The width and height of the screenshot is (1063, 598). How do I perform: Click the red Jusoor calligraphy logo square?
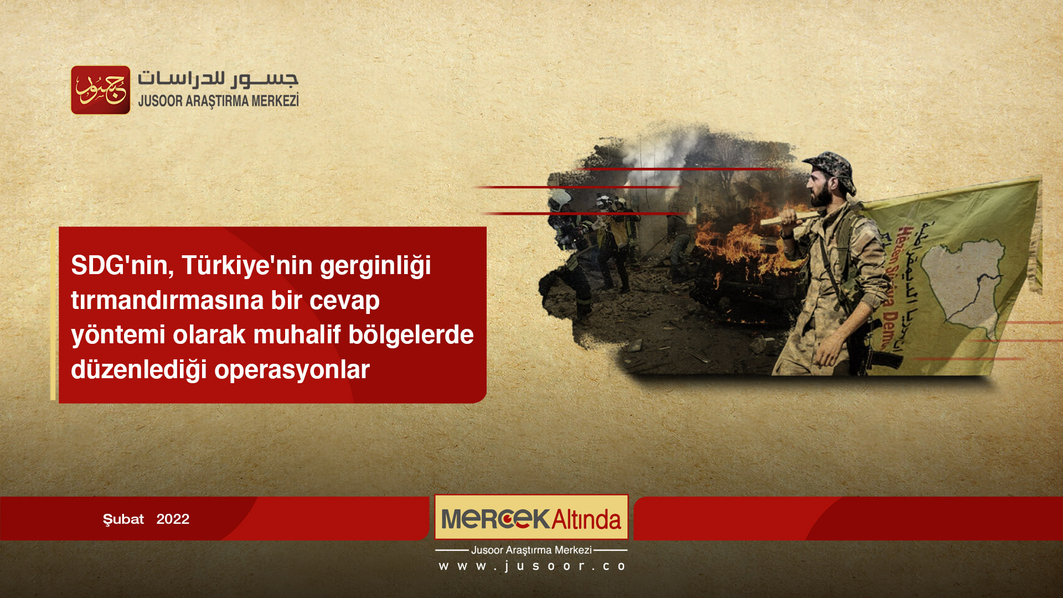(100, 90)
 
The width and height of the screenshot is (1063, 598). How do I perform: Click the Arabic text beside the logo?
(218, 79)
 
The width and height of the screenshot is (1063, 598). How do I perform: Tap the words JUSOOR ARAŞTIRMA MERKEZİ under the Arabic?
(218, 101)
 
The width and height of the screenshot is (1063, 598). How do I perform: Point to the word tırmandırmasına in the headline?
(167, 301)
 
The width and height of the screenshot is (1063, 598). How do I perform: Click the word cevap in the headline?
(344, 301)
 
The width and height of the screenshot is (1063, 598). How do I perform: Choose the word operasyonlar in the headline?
(292, 370)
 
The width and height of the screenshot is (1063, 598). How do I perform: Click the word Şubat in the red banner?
(123, 519)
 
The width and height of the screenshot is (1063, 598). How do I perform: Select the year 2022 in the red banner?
(173, 519)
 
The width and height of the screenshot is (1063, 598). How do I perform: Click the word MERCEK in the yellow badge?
(495, 519)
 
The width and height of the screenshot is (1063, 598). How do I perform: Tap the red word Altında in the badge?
(586, 519)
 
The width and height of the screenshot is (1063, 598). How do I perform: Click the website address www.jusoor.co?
(531, 566)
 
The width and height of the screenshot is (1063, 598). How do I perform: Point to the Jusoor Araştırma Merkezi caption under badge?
(531, 550)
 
